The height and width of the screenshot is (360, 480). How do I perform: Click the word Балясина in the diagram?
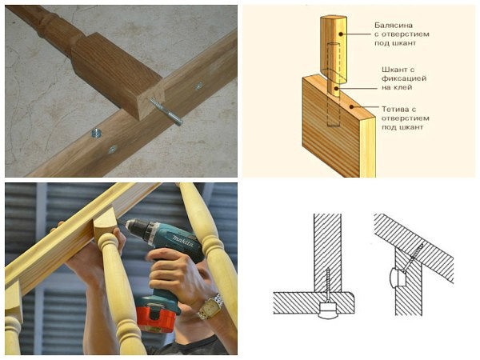(394, 25)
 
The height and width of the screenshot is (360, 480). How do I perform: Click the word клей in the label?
(401, 87)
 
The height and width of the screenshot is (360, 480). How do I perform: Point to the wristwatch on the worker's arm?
(210, 306)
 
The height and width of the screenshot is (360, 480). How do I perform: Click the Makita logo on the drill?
(182, 240)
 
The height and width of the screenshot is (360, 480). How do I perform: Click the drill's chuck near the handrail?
(134, 226)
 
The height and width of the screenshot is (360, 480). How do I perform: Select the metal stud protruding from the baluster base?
(166, 112)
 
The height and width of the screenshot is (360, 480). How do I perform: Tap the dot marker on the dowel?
(336, 88)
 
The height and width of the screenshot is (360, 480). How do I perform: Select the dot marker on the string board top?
(352, 107)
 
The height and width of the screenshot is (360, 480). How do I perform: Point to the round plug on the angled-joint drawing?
(397, 277)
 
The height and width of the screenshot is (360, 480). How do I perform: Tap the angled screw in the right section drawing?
(413, 258)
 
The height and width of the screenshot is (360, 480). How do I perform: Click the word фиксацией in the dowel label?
(404, 78)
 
